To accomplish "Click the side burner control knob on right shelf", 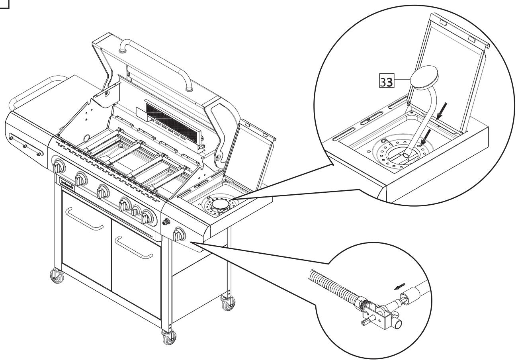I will click(x=180, y=234).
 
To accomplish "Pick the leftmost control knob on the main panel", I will click(x=59, y=166).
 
